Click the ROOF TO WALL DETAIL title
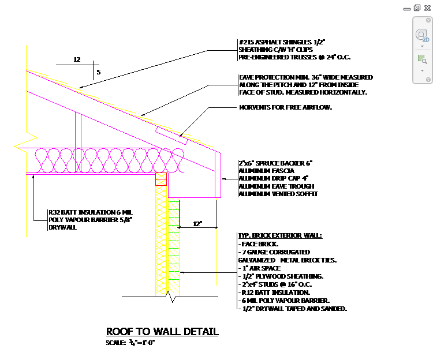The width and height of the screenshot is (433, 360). pyautogui.click(x=162, y=332)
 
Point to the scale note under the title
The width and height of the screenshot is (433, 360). pyautogui.click(x=130, y=343)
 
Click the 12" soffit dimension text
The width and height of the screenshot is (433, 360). pyautogui.click(x=197, y=223)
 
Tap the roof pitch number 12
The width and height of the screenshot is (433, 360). pyautogui.click(x=77, y=59)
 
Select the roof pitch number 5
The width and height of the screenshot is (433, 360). pyautogui.click(x=98, y=72)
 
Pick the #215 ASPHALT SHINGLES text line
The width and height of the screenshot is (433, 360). pyautogui.click(x=282, y=42)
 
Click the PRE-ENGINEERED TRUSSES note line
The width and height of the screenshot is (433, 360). pyautogui.click(x=294, y=57)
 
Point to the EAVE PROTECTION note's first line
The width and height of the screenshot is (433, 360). pyautogui.click(x=305, y=77)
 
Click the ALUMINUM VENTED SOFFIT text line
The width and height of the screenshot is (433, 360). pyautogui.click(x=278, y=194)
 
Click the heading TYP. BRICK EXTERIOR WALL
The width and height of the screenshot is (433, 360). pyautogui.click(x=280, y=236)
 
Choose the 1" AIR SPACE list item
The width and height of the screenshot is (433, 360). pyautogui.click(x=261, y=268)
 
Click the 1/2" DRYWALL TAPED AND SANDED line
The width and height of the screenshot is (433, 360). pyautogui.click(x=293, y=309)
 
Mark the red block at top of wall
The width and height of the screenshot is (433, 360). pyautogui.click(x=161, y=179)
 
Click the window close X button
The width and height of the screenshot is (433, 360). pyautogui.click(x=428, y=7)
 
